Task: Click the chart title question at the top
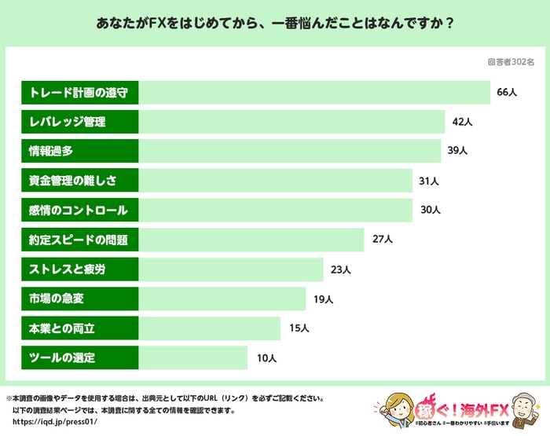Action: (275, 23)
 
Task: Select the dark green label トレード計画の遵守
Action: (79, 92)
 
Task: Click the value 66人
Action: (507, 92)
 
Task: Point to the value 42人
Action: (462, 122)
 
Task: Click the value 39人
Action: (457, 151)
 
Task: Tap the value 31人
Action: (428, 181)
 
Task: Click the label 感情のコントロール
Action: (78, 210)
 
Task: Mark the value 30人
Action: (429, 210)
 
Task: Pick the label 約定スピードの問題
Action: (78, 240)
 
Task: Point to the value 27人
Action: (381, 240)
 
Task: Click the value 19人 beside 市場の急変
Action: (323, 299)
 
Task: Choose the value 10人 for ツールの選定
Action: (266, 358)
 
